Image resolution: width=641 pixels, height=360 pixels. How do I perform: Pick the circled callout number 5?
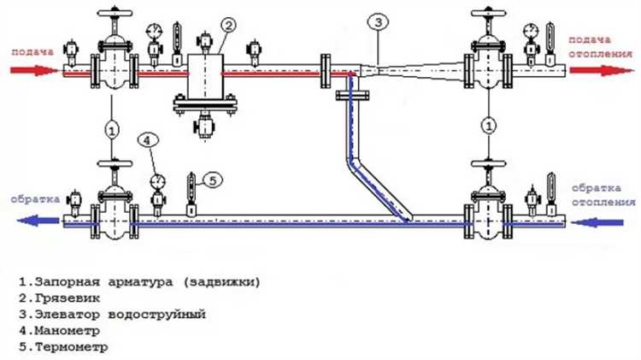(214, 180)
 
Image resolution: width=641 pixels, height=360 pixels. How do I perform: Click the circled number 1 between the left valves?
(111, 130)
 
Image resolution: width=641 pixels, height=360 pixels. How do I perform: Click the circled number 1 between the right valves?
(488, 126)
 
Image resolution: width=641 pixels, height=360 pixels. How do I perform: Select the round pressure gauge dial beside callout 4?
(157, 180)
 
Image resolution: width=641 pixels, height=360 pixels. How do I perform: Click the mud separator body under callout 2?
(205, 76)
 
